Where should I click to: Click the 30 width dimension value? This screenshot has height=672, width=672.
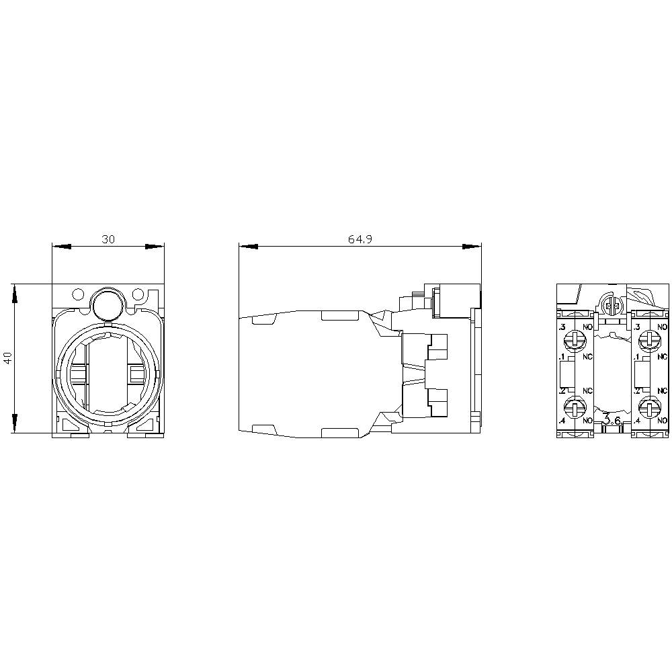(x=108, y=239)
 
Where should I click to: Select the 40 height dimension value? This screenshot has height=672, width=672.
(x=8, y=358)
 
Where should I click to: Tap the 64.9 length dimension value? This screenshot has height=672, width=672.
(x=360, y=239)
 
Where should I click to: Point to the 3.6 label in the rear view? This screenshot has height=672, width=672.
(x=612, y=420)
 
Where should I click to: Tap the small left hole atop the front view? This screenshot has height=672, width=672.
(x=78, y=294)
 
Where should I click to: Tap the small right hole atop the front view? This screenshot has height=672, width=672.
(x=138, y=294)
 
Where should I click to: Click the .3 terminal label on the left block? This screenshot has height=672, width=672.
(x=562, y=327)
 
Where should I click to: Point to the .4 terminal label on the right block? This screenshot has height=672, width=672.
(x=636, y=421)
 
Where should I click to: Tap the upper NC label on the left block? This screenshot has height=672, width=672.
(x=587, y=356)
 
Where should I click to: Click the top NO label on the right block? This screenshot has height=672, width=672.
(x=662, y=327)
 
